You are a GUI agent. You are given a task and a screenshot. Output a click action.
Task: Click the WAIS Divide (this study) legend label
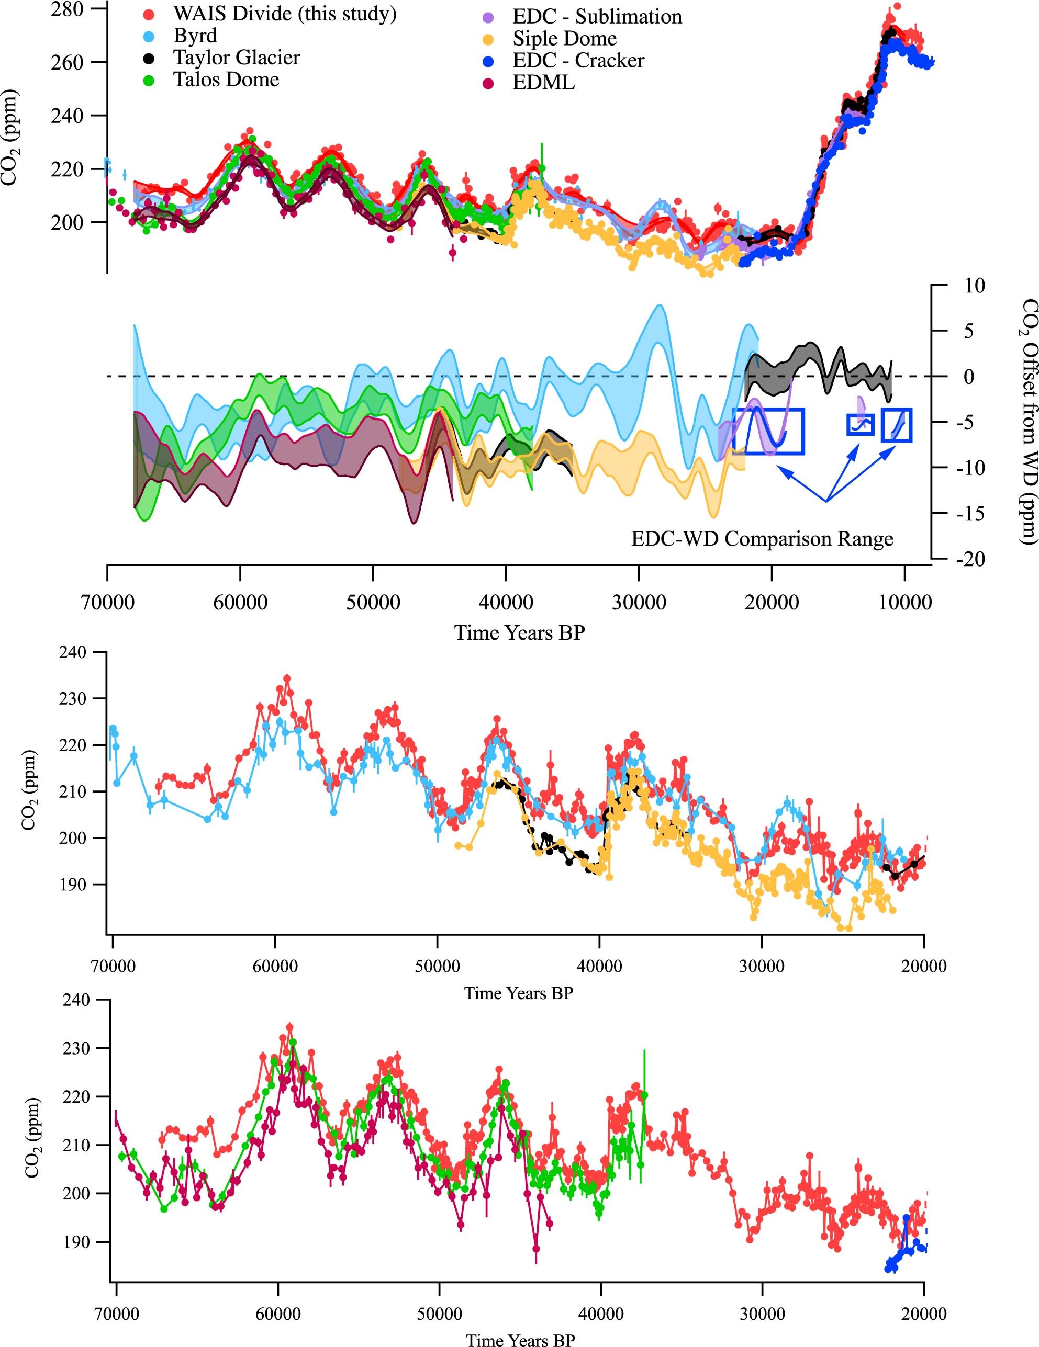coord(284,14)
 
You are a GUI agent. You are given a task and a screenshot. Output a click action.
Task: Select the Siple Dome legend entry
coord(564,38)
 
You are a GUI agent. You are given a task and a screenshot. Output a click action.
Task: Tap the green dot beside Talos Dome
coord(148,80)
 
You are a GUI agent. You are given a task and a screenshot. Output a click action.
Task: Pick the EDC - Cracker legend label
coord(578,61)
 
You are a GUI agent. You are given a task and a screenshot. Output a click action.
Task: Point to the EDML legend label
coord(543,82)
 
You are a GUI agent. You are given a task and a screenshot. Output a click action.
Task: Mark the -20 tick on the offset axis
coord(969,559)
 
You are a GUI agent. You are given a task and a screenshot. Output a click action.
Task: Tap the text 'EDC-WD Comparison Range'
coord(762,539)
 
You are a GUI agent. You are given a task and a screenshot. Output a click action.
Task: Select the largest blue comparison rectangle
coord(768,431)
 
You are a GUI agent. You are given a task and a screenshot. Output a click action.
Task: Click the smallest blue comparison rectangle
coord(860,425)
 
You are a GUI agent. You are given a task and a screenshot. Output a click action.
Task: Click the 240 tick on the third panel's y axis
coord(72,652)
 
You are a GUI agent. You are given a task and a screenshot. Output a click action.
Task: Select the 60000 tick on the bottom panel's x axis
coord(277,1314)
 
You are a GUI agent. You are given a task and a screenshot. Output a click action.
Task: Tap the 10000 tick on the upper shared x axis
coord(904,602)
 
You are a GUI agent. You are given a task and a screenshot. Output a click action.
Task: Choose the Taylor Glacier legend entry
coord(236,58)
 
